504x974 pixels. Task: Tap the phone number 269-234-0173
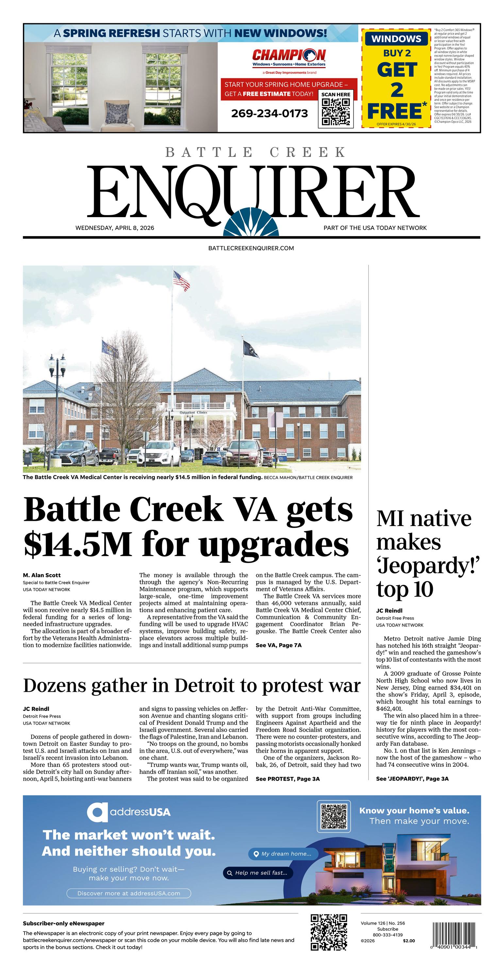point(269,113)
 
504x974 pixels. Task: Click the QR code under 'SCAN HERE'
point(335,112)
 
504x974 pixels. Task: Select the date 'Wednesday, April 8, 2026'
point(115,228)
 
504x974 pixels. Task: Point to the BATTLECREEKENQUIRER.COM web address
point(251,248)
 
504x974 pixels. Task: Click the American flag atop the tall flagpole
point(181,281)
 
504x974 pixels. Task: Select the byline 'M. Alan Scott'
point(42,575)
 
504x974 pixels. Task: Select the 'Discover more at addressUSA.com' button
point(128,894)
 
